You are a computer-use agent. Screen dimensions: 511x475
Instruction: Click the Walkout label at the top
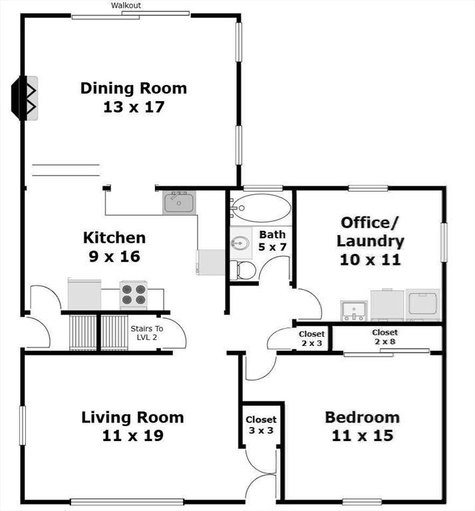coord(126,5)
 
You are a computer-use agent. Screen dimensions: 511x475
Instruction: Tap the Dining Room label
coord(134,88)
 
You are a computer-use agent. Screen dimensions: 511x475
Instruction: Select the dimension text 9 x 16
coord(114,256)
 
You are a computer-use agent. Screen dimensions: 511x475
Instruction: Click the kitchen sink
coord(178,202)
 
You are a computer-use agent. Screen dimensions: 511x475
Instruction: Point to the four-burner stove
coord(133,295)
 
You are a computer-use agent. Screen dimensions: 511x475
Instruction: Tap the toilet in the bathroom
coord(243,269)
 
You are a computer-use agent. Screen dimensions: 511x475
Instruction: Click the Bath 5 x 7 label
coord(272,241)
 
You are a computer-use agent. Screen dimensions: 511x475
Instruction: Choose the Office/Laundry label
coord(370,232)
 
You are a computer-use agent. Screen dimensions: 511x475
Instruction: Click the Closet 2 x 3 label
coord(311,339)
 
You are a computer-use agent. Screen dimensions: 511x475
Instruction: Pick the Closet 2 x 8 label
coord(385,337)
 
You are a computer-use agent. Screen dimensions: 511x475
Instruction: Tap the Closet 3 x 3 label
coord(261,425)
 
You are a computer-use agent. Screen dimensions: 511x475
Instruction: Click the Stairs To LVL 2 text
coord(146,333)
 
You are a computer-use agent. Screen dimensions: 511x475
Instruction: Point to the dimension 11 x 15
coord(363,436)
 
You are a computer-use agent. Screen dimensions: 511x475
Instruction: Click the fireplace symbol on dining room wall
coord(27,98)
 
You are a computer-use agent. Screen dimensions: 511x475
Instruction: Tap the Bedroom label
coord(362,417)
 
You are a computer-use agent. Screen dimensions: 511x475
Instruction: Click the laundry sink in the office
coord(353,310)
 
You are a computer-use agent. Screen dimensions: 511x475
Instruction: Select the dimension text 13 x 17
coord(134,106)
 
